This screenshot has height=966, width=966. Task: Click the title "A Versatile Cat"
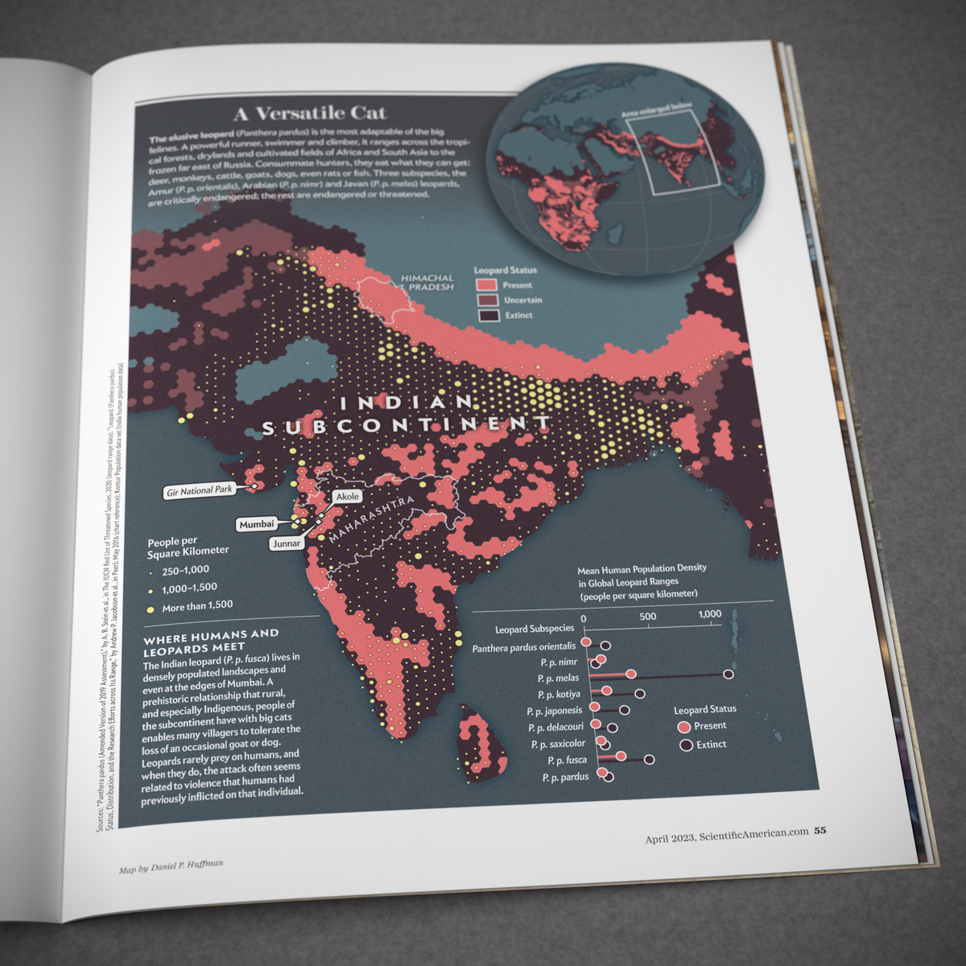click(x=310, y=114)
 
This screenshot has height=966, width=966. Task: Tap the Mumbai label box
click(x=257, y=524)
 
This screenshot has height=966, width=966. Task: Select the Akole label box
click(x=347, y=497)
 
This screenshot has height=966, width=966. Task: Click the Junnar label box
click(x=287, y=543)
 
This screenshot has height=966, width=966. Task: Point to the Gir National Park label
click(x=199, y=490)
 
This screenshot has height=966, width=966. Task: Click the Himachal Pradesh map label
click(x=427, y=283)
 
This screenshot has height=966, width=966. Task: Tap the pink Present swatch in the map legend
click(x=486, y=285)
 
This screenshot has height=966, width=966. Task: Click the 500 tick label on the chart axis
click(x=647, y=617)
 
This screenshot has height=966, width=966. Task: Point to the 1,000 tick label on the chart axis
click(x=710, y=614)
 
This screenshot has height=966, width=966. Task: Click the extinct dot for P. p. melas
click(x=729, y=675)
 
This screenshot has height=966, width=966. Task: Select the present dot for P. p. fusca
click(x=621, y=757)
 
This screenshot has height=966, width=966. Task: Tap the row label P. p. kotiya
click(x=559, y=694)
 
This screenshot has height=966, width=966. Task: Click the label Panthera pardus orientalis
click(x=524, y=646)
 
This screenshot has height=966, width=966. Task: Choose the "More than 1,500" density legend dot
click(x=151, y=609)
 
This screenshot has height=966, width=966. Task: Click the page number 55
click(x=820, y=831)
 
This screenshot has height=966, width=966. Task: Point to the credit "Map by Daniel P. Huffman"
click(x=171, y=866)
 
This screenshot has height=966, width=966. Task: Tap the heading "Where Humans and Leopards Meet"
click(x=211, y=640)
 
